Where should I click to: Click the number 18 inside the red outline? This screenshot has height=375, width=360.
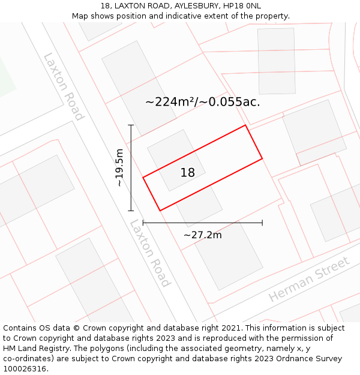pos(188,173)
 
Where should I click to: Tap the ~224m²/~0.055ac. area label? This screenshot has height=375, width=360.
pos(203,102)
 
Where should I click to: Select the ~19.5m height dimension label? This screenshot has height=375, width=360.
pos(119,167)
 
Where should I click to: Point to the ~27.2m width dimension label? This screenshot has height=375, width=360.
pos(202,235)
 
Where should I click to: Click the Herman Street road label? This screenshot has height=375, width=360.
pos(309,280)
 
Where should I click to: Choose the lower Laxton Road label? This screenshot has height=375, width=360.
pos(150,253)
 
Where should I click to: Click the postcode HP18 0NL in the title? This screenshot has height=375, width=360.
pos(245,6)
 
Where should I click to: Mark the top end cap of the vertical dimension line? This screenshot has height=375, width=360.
pos(131,125)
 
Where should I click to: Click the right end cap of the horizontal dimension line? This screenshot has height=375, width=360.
pos(262,223)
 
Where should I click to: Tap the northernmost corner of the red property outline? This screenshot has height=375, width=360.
pos(245,125)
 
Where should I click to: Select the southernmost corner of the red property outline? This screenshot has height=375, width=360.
pos(160,211)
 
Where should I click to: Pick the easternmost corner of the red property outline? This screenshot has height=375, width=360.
pos(262,158)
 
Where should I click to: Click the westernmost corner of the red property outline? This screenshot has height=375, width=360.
pos(143,178)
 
